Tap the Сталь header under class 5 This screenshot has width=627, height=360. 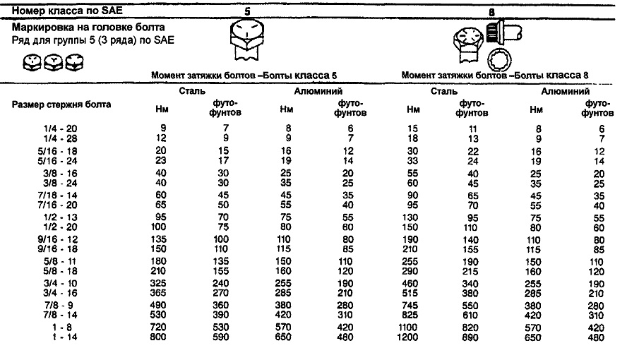pyautogui.click(x=193, y=90)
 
